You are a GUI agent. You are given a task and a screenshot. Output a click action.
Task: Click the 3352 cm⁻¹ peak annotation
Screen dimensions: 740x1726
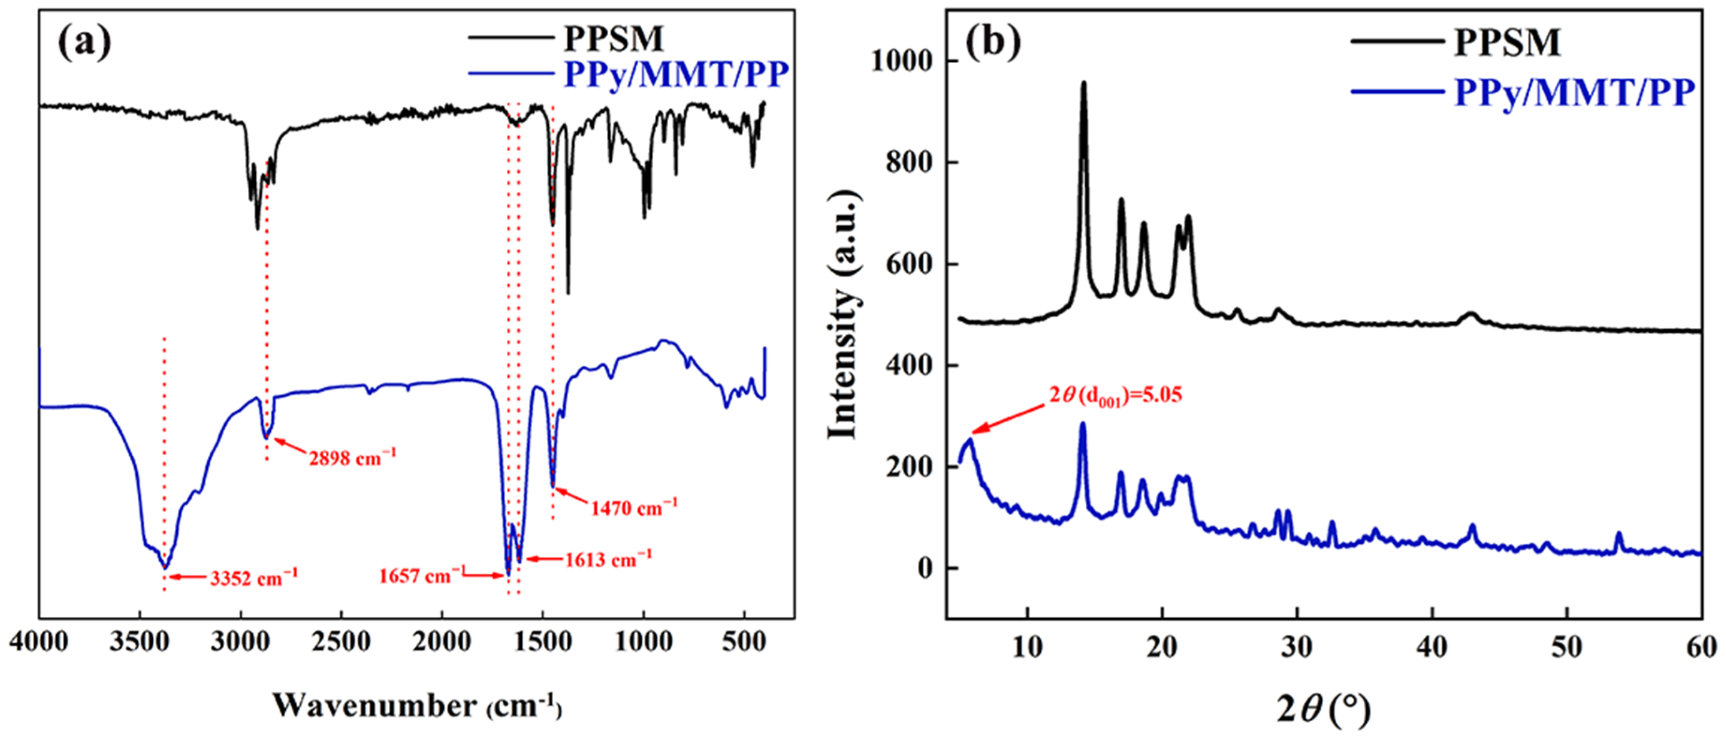tap(253, 577)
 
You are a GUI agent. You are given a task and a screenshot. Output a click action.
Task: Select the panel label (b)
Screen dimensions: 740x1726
tap(993, 42)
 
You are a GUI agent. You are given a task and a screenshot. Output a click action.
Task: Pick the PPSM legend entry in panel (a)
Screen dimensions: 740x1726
tap(613, 38)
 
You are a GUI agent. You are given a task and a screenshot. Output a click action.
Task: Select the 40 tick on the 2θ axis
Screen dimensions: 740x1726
tap(1432, 647)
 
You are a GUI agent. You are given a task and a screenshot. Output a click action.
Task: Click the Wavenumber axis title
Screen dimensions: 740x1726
tap(417, 706)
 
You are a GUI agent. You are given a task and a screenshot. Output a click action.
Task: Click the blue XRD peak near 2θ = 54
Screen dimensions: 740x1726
tap(1619, 534)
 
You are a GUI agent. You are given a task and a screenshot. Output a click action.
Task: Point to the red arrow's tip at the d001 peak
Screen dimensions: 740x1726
tap(973, 433)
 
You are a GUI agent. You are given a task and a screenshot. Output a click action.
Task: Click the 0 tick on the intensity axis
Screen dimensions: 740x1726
tap(926, 569)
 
